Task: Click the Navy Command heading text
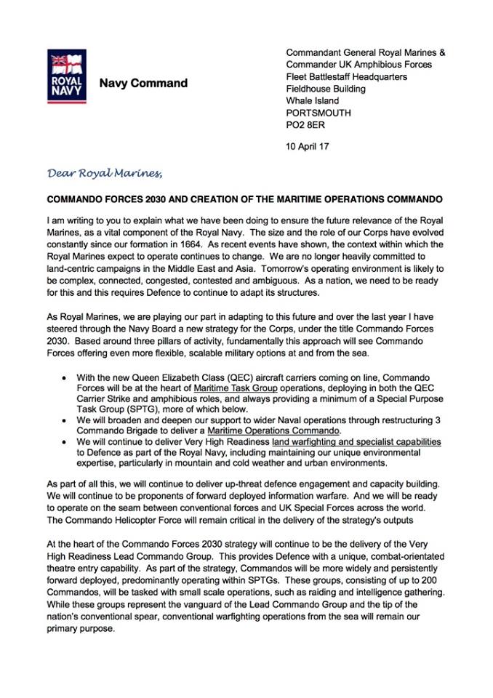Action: pos(143,83)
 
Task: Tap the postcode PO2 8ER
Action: pos(307,124)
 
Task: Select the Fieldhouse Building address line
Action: pos(326,89)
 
